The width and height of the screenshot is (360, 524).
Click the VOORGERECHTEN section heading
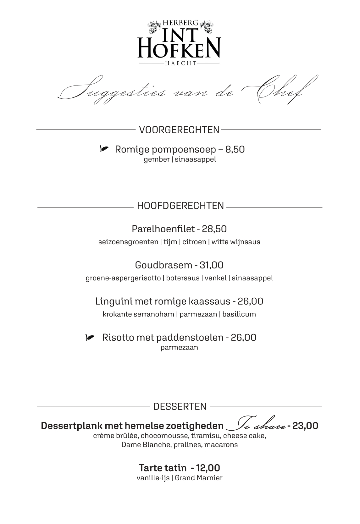(x=179, y=130)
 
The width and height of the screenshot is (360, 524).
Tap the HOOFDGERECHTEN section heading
(x=180, y=206)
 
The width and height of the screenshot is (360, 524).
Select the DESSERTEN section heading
(x=180, y=406)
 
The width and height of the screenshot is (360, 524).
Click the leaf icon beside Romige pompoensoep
(x=104, y=148)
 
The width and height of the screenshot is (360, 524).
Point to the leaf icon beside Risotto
(x=90, y=338)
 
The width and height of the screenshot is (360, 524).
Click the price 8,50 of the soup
(x=235, y=149)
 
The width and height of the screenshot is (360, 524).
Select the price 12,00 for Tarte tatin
(x=208, y=468)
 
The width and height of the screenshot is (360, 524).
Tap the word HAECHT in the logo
(x=180, y=63)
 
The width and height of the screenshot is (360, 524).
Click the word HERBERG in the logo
(x=180, y=23)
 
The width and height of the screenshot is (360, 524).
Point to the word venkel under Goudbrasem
(x=216, y=278)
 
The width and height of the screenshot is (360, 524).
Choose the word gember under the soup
(x=157, y=159)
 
